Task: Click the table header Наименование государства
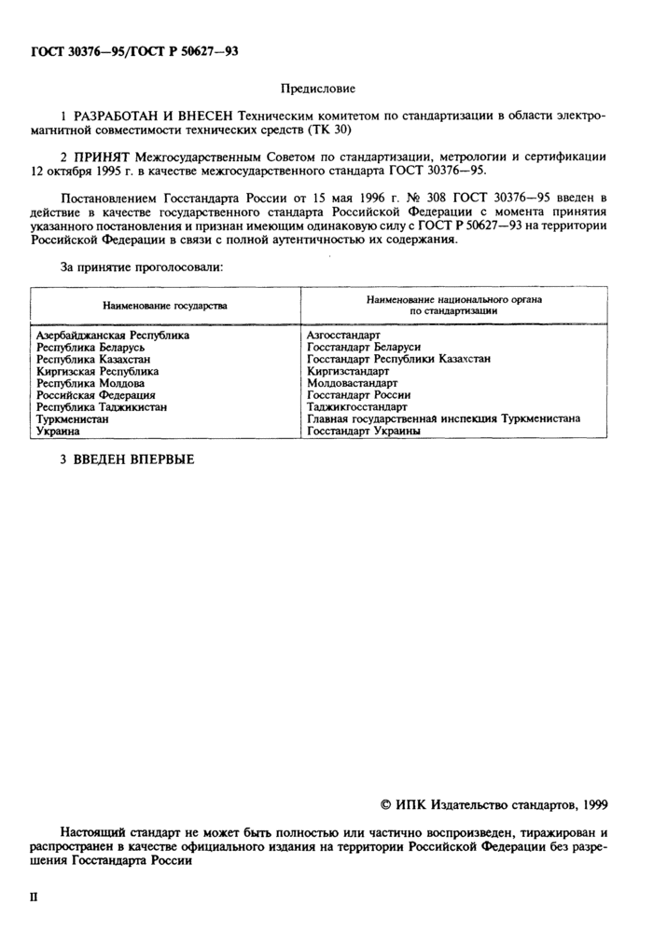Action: [x=164, y=305]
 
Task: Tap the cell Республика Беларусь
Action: [x=90, y=347]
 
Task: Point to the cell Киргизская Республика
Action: [x=96, y=371]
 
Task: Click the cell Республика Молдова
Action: [x=90, y=383]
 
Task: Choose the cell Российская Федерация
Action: [x=95, y=395]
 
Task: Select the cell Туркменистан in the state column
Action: [x=72, y=419]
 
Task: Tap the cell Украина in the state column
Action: [x=58, y=432]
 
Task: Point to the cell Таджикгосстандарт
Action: [x=356, y=407]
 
